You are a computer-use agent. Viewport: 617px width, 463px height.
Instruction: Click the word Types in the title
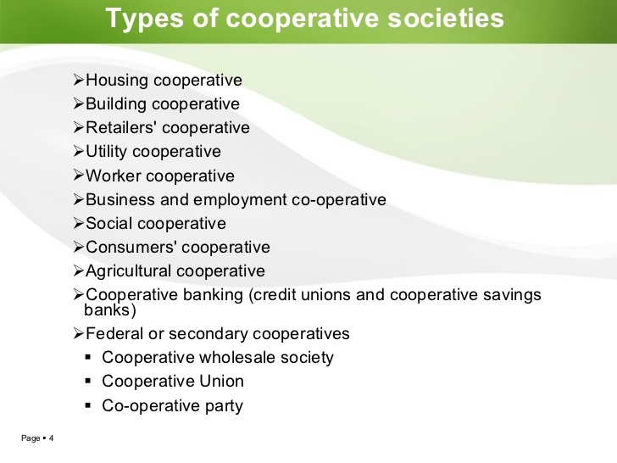[145, 19]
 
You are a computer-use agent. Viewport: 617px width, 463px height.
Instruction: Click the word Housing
[117, 81]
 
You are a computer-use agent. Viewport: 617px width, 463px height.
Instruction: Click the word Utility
[106, 152]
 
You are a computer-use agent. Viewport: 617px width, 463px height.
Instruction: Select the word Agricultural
[131, 271]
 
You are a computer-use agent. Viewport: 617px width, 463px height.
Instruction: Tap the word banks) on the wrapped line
[110, 310]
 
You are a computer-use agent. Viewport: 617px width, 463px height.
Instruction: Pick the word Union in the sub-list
[221, 381]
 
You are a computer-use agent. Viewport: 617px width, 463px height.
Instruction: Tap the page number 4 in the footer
[51, 438]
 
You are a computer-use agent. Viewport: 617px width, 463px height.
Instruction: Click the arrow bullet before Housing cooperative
[78, 81]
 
